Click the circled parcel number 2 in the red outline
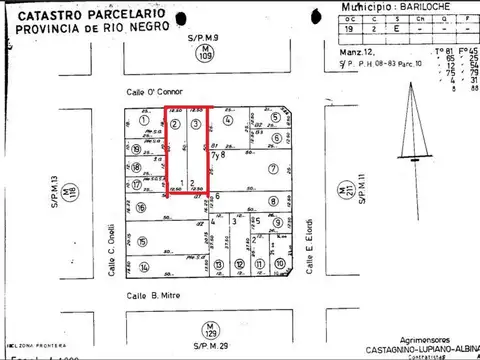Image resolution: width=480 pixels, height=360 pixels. [175, 123]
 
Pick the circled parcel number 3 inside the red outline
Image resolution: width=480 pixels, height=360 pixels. [196, 123]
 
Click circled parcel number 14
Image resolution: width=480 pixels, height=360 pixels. [144, 267]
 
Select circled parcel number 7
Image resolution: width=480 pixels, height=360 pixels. [272, 169]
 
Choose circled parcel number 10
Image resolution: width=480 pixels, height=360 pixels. [281, 266]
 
